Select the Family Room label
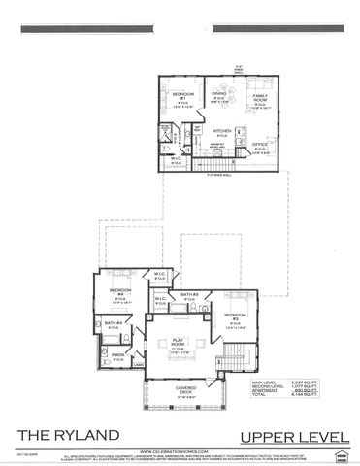259,98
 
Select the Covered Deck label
176,390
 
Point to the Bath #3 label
189,294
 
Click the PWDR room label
116,355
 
